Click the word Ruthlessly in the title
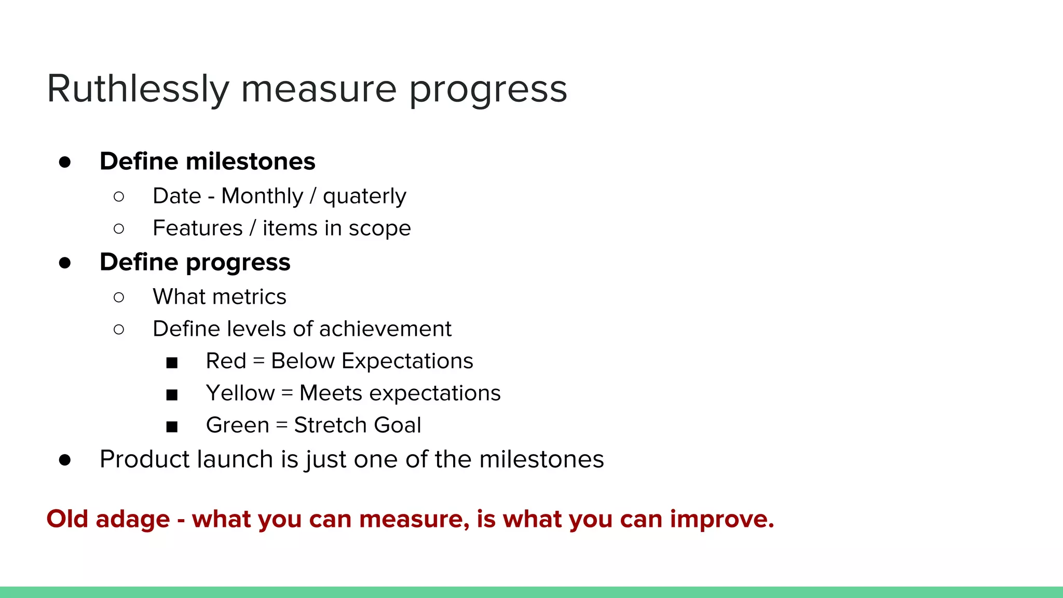pos(138,89)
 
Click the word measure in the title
pos(319,89)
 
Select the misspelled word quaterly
pos(364,196)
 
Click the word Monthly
pos(262,196)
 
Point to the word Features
pos(198,228)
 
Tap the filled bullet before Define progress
pos(65,263)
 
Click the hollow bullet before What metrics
pos(119,297)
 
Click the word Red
pos(226,361)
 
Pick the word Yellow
pos(240,393)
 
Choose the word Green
pos(238,426)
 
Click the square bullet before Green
pos(172,427)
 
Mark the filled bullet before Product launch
pos(65,460)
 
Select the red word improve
pos(721,519)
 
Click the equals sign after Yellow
pos(287,393)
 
